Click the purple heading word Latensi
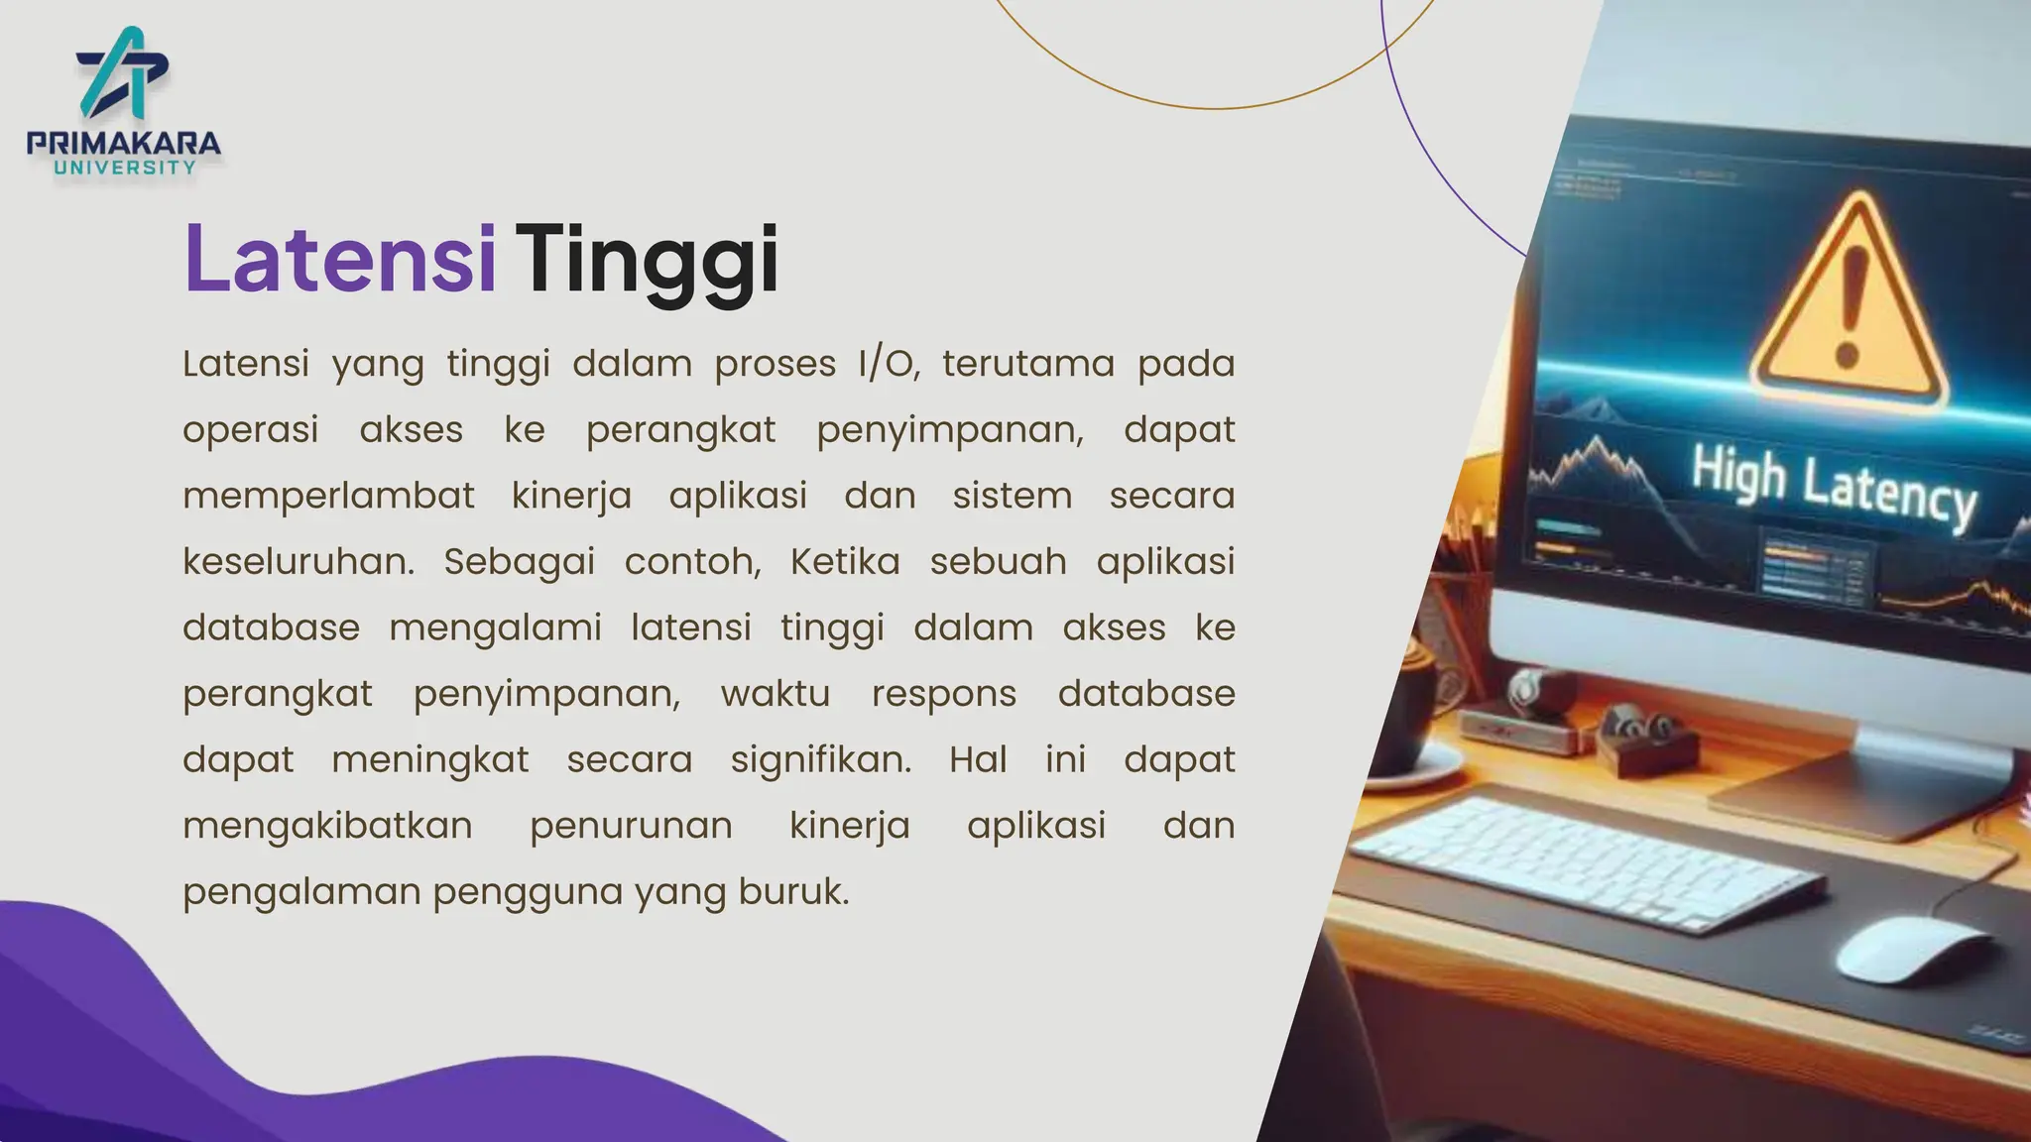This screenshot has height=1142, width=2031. (339, 259)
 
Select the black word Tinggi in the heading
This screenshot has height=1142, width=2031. (647, 260)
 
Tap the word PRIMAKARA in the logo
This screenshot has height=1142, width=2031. (124, 143)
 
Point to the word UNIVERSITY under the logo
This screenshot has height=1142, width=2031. (125, 168)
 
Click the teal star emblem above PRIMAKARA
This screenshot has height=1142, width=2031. (123, 72)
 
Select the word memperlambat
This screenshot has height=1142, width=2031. (328, 496)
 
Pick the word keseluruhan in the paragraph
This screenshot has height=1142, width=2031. (299, 561)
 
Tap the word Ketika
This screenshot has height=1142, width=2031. (845, 561)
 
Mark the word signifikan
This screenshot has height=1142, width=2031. (820, 759)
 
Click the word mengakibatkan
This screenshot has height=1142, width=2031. (327, 826)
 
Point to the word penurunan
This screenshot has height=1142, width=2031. (631, 826)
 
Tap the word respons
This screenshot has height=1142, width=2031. (944, 694)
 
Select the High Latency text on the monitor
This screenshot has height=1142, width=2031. (1833, 487)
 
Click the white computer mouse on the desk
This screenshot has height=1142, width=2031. (1911, 950)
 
